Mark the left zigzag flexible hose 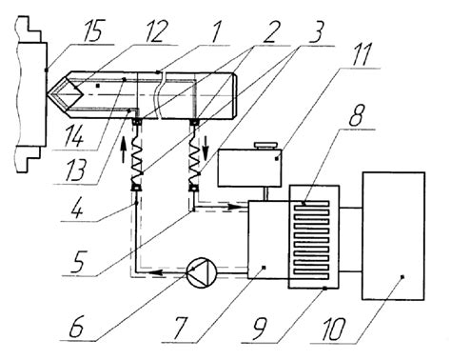[x=135, y=164]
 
